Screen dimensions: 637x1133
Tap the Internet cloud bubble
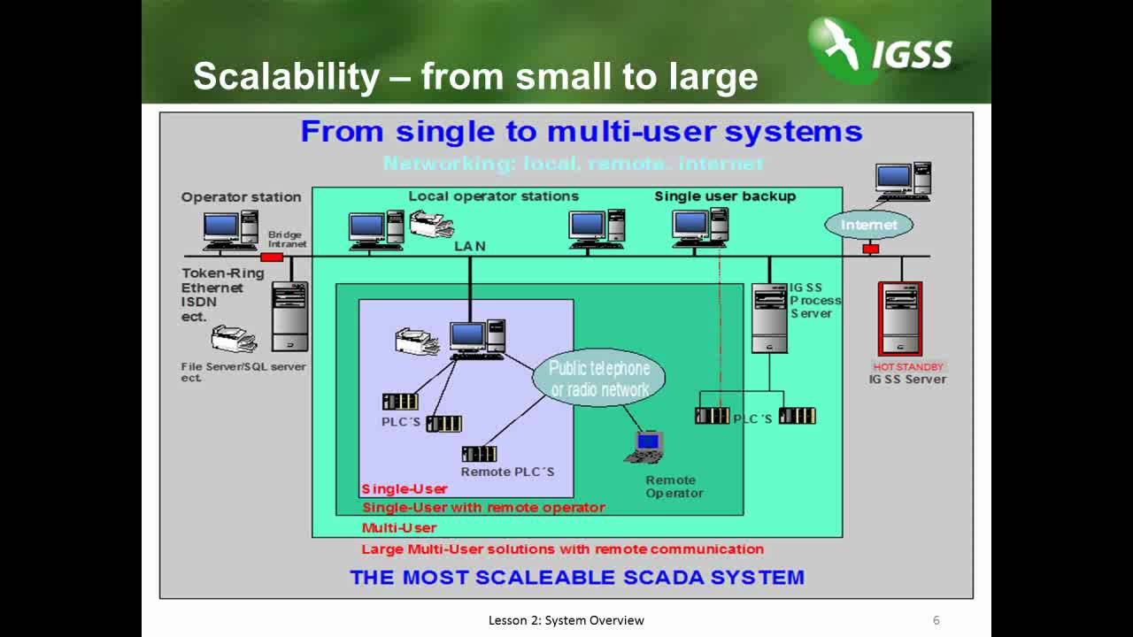pyautogui.click(x=868, y=225)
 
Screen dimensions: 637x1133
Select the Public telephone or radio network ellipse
pyautogui.click(x=599, y=379)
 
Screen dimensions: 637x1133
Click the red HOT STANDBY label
pyautogui.click(x=908, y=366)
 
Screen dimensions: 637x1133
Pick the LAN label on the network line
pyautogui.click(x=470, y=246)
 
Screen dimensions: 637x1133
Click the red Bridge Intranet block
pyautogui.click(x=272, y=257)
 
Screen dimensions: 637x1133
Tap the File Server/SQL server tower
pyautogui.click(x=289, y=316)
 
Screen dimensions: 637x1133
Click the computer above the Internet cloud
pyautogui.click(x=903, y=180)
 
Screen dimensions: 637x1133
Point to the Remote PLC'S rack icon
pyautogui.click(x=479, y=454)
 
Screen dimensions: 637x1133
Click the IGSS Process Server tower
pyautogui.click(x=768, y=318)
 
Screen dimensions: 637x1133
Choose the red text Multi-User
pyautogui.click(x=399, y=528)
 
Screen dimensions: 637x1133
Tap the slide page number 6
pyautogui.click(x=936, y=620)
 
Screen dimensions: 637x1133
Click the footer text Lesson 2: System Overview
pyautogui.click(x=566, y=620)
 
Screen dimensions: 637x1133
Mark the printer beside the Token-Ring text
pyautogui.click(x=234, y=339)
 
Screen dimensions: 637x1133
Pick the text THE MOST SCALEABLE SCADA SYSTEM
pyautogui.click(x=577, y=578)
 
